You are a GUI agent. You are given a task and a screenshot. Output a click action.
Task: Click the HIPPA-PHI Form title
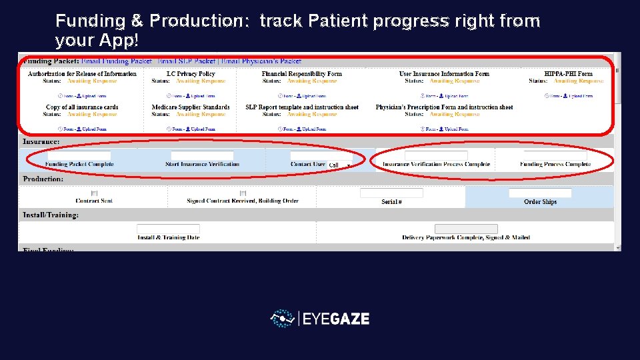tap(568, 74)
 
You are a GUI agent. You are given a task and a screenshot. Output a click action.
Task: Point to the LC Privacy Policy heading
tap(191, 74)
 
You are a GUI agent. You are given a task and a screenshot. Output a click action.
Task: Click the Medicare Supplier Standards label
tap(191, 107)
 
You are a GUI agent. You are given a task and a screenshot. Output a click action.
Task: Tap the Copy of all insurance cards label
tap(82, 107)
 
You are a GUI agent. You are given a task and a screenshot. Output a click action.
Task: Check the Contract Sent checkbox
tap(94, 193)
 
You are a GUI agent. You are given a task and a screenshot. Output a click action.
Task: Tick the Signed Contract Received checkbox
tap(243, 193)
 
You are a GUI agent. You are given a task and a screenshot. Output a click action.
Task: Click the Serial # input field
tap(391, 193)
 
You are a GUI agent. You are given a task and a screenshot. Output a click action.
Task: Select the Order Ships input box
tap(540, 193)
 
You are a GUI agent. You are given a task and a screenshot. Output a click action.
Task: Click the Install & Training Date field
tap(168, 229)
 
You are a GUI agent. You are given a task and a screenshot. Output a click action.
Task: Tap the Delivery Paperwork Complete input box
tap(466, 229)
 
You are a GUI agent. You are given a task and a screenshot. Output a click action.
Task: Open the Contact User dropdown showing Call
tap(339, 165)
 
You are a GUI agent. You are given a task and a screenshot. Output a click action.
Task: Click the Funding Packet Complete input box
tap(79, 156)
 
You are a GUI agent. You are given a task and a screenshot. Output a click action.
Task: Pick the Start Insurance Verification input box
tap(202, 156)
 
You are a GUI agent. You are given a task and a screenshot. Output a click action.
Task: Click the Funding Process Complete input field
tap(555, 156)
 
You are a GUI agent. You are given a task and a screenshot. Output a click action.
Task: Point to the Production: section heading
tap(43, 179)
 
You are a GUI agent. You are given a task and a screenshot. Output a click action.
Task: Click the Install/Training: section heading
tap(51, 215)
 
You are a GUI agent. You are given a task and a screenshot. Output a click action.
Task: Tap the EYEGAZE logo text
tap(335, 319)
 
